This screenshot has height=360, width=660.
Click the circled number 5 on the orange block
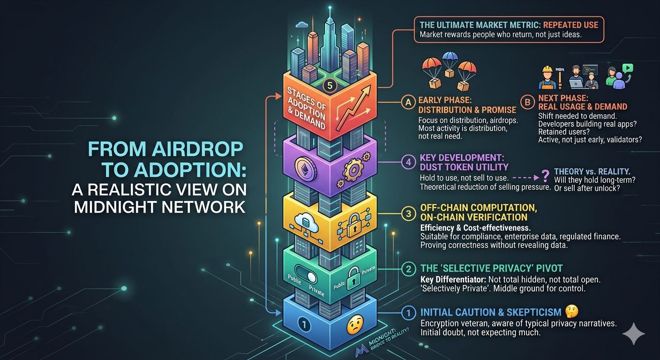pyautogui.click(x=330, y=86)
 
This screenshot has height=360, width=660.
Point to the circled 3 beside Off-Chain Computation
pyautogui.click(x=407, y=213)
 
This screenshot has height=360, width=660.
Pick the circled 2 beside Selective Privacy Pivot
pyautogui.click(x=407, y=269)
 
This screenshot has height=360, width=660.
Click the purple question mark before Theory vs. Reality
pyautogui.click(x=545, y=176)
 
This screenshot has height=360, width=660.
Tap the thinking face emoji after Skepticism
pyautogui.click(x=571, y=311)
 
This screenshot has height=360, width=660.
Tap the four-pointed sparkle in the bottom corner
pyautogui.click(x=633, y=333)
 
